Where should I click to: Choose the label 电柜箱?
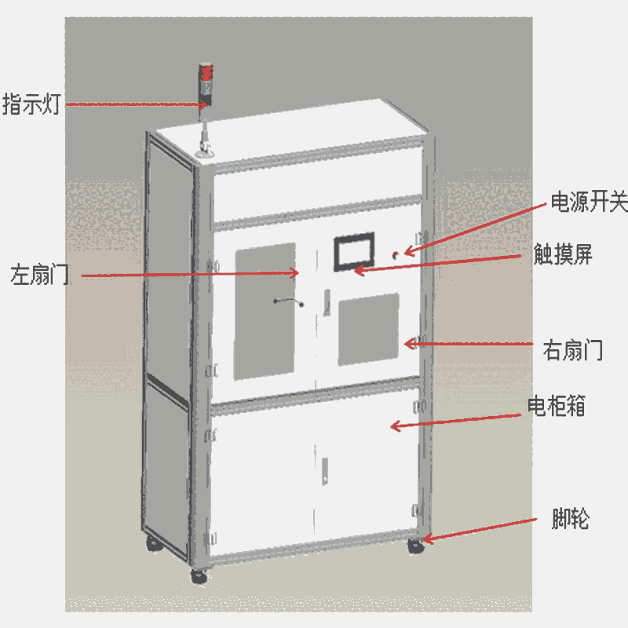(557, 407)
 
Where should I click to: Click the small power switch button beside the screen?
(396, 254)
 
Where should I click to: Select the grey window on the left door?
(265, 312)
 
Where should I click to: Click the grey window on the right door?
(368, 329)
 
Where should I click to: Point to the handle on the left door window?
(288, 300)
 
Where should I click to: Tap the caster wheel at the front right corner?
(414, 546)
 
